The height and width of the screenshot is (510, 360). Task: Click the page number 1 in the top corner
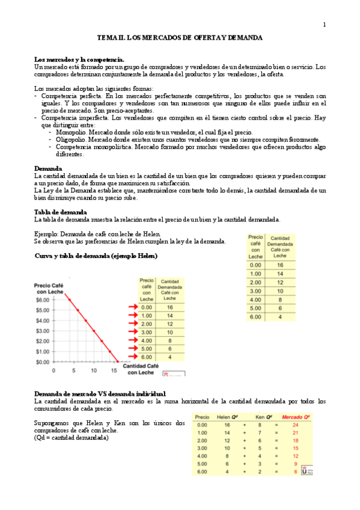click(x=325, y=25)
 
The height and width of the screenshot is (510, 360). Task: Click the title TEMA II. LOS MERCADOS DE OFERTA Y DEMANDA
click(x=180, y=37)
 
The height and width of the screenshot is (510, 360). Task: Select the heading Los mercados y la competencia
click(x=79, y=60)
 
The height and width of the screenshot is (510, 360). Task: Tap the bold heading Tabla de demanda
click(x=61, y=212)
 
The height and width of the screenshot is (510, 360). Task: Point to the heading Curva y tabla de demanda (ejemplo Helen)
click(x=96, y=256)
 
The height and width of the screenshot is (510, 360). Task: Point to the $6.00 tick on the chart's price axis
click(x=43, y=300)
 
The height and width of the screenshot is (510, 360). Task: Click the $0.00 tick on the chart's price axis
click(x=43, y=362)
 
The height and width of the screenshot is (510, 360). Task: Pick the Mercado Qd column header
click(x=296, y=417)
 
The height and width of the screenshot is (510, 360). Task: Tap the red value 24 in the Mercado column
click(x=296, y=425)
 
